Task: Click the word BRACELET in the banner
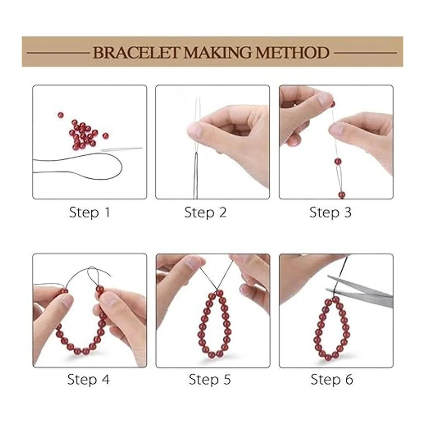tap(136, 52)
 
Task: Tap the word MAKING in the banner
tap(217, 52)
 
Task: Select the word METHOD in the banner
tap(292, 52)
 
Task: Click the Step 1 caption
tap(89, 213)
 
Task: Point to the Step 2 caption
tap(205, 213)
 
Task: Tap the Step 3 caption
tap(330, 213)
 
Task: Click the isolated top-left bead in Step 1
tap(61, 115)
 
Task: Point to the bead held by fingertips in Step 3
tap(333, 104)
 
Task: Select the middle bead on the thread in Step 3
tap(338, 161)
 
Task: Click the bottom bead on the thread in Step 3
tap(342, 195)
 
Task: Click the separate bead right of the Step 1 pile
tap(106, 136)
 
